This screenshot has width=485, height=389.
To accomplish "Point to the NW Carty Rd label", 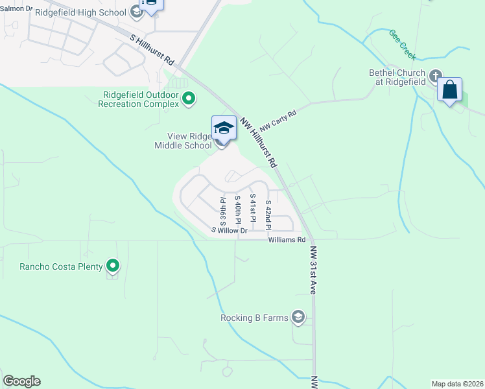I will [x=278, y=119].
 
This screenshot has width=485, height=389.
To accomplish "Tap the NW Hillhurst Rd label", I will [x=258, y=140].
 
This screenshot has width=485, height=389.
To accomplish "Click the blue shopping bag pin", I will [x=450, y=90].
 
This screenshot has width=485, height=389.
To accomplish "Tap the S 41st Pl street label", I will [x=253, y=207].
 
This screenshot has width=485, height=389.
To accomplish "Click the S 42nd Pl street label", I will [x=268, y=214].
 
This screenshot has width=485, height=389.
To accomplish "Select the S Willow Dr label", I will [x=230, y=230].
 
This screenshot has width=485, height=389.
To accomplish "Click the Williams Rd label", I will [x=287, y=240].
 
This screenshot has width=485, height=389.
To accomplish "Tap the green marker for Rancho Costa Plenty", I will [x=113, y=265].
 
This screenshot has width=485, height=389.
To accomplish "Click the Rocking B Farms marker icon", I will [x=298, y=317].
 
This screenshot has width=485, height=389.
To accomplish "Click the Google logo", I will [x=21, y=381].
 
